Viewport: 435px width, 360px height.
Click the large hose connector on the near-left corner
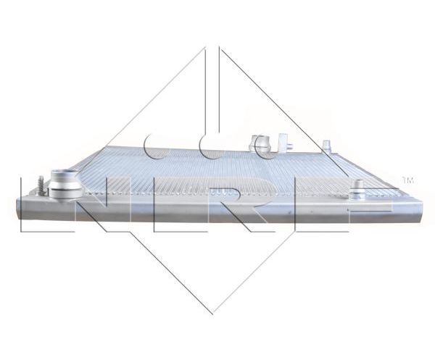(x=66, y=184)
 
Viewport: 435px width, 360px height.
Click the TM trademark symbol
(x=408, y=180)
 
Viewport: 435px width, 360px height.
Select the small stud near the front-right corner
(x=357, y=190)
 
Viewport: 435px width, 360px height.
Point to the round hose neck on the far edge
(x=260, y=143)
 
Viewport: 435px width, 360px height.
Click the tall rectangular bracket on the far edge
(x=282, y=143)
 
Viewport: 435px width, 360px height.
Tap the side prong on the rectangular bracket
(x=289, y=146)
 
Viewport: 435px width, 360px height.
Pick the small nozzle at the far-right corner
(x=326, y=146)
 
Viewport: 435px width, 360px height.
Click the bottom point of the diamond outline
(x=213, y=314)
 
